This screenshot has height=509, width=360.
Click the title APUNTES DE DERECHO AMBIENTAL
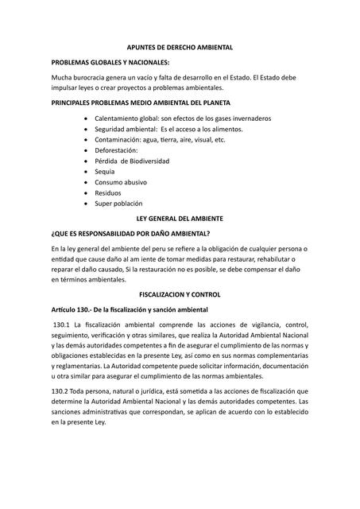[x=180, y=48]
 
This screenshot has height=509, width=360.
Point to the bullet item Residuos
[x=110, y=192]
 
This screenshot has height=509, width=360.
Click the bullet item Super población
[x=118, y=204]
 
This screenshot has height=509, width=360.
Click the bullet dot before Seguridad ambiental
[x=86, y=129]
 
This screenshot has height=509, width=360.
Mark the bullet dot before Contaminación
[x=86, y=139]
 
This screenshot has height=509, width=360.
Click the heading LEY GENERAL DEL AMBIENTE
[x=180, y=218]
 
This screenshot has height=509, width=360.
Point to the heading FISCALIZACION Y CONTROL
[x=180, y=294]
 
